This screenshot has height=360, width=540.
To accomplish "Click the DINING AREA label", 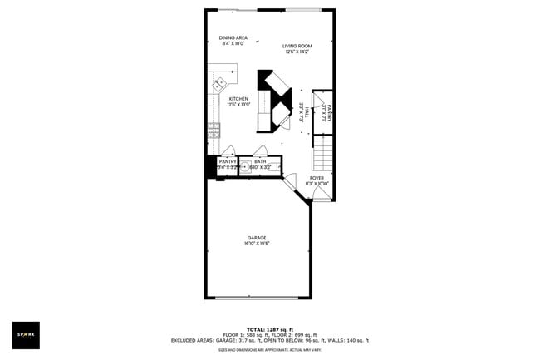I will coord(233,37).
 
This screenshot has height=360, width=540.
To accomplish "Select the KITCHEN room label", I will coord(238,98).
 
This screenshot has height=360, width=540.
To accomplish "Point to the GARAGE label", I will coord(256,238).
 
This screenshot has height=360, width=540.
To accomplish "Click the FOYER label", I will coord(317,178).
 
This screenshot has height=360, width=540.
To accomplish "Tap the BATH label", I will coord(260,161).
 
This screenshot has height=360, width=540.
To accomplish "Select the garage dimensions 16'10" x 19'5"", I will coord(256,244).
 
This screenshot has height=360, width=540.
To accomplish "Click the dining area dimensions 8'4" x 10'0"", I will coord(233,44).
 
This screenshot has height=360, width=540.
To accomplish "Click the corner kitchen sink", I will coord(219,84).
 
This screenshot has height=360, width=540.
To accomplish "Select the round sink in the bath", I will coord(245,166).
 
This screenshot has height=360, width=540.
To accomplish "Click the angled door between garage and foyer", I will coord(291,184).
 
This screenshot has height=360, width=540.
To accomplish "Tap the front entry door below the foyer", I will coord(321,194).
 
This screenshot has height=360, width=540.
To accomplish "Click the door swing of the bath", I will coord(261,150).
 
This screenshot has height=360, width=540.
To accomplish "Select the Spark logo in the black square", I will coord(25,335).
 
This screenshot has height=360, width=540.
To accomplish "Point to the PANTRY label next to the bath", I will coord(228,161).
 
